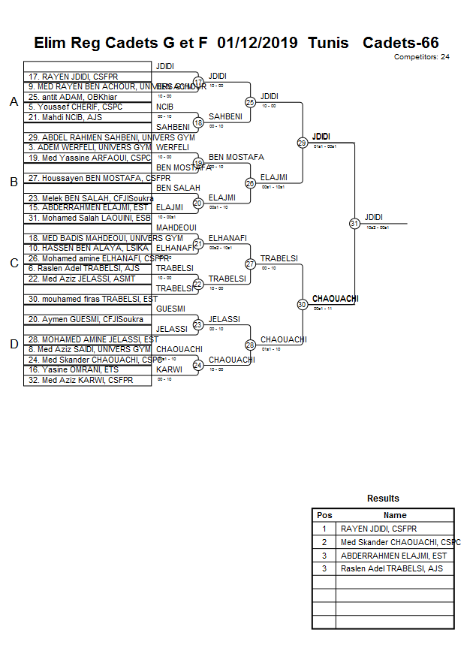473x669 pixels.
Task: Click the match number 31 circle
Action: (x=354, y=224)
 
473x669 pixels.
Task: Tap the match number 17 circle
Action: (x=198, y=82)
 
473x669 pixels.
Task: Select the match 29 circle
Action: (x=302, y=143)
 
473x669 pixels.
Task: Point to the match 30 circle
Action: (x=302, y=305)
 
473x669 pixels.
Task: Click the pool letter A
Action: (x=13, y=102)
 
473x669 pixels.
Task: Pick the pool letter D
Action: (x=13, y=345)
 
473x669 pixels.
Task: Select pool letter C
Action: (x=13, y=264)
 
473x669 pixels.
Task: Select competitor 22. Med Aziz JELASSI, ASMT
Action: (x=79, y=279)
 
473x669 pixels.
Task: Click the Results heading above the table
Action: (x=383, y=499)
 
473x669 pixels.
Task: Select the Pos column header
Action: (x=324, y=516)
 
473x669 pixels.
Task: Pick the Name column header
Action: (x=395, y=516)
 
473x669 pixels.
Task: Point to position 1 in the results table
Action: (x=324, y=529)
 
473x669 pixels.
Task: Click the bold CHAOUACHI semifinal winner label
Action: (x=335, y=299)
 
